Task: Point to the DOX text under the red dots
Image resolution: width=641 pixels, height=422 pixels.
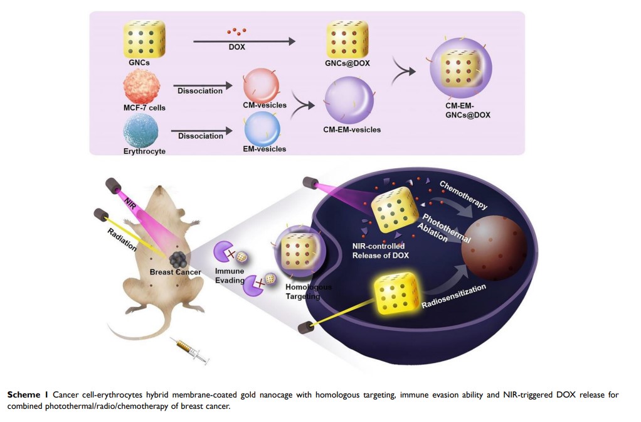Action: click(236, 48)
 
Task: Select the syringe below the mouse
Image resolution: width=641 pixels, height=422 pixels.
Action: click(191, 350)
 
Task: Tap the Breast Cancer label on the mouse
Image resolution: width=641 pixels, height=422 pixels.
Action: click(176, 272)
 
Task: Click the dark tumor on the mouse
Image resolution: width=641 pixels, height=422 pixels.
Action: click(178, 259)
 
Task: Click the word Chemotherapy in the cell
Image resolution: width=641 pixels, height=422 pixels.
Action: click(462, 195)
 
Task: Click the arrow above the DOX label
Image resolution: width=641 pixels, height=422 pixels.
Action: click(244, 41)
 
